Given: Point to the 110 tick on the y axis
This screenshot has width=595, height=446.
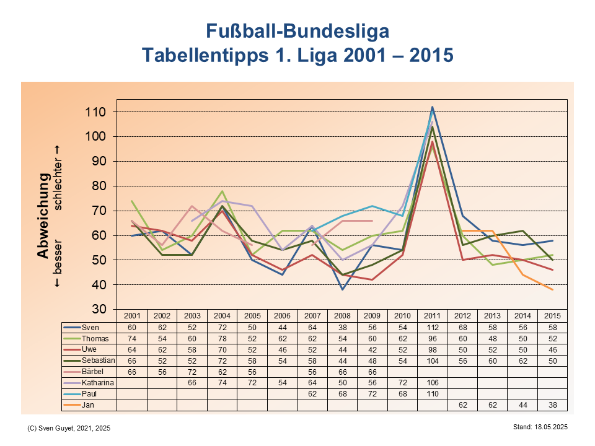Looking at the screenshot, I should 99,112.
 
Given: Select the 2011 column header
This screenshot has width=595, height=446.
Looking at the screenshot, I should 432,316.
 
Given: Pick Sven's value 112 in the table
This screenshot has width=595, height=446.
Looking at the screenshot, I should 432,327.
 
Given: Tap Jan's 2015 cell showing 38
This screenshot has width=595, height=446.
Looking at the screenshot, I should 552,405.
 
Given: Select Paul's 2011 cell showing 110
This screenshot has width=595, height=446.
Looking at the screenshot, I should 432,394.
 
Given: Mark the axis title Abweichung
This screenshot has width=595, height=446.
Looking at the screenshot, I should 43,216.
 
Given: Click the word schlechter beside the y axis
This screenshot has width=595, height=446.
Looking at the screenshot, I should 58,179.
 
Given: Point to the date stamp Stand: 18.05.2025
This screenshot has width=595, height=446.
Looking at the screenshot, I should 540,427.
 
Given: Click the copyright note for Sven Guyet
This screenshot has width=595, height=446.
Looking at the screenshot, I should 69,428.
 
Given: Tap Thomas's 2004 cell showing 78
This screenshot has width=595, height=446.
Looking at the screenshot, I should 222,338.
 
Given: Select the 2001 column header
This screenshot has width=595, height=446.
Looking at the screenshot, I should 132,316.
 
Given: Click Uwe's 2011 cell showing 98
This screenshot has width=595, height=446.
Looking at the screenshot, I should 432,349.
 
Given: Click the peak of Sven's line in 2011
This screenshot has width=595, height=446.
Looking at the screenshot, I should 432,107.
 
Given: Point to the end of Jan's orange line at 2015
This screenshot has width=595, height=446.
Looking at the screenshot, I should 552,289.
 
